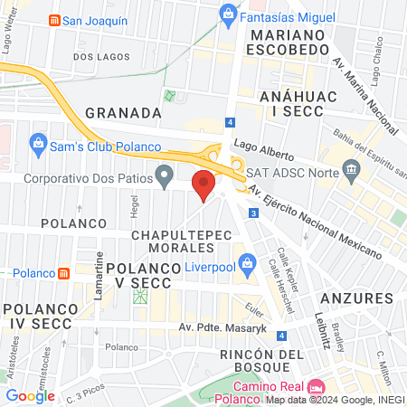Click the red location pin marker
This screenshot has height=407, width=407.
click(204, 185)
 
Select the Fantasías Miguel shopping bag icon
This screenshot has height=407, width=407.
click(229, 14)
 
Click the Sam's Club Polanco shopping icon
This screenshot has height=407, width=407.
click(38, 142)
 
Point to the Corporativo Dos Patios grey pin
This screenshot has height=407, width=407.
click(164, 175)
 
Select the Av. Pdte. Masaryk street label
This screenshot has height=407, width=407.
click(223, 328)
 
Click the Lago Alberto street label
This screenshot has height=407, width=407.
click(260, 150)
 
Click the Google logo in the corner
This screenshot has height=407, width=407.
click(30, 395)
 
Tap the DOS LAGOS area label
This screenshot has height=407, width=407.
click(97, 56)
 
